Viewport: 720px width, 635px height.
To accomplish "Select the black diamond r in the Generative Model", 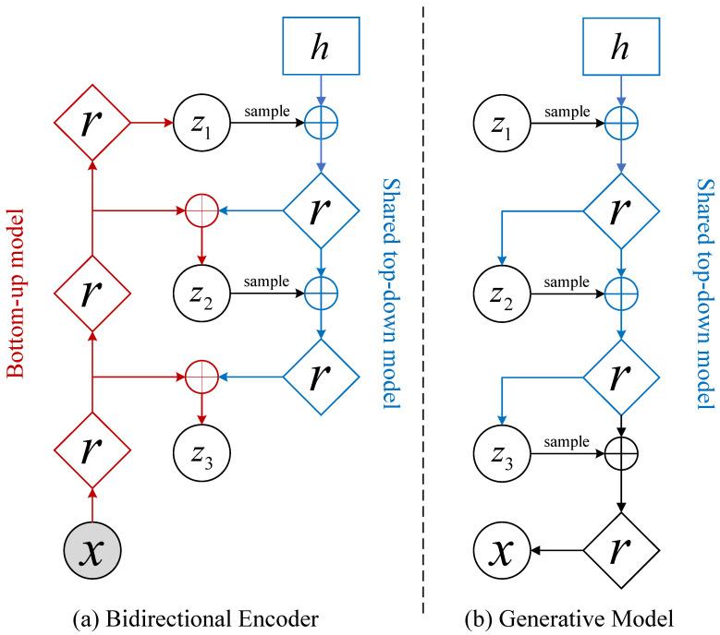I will click(x=621, y=552).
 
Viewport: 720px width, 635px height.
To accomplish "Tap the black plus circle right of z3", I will click(x=621, y=453).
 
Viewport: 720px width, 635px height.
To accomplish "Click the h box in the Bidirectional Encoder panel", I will click(x=321, y=44).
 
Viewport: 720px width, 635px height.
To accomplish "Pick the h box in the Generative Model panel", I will click(x=621, y=44).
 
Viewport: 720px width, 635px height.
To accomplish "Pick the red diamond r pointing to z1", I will click(x=92, y=122).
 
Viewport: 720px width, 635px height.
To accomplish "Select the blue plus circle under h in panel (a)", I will click(x=321, y=122).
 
